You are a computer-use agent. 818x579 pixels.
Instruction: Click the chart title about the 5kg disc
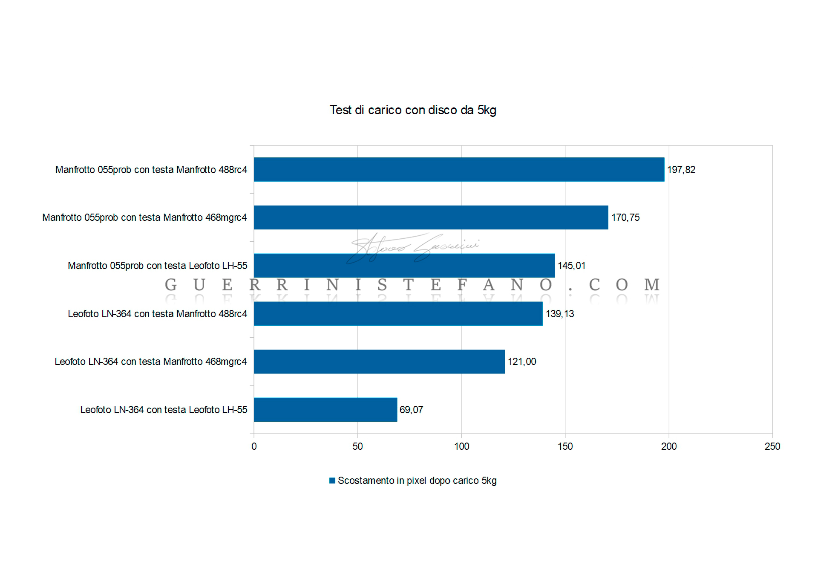[412, 110]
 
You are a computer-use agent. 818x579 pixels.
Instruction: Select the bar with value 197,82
[459, 169]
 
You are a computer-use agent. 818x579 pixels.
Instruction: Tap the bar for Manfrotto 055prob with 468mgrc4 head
[431, 217]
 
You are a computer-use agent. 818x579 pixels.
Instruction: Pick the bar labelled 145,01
[404, 266]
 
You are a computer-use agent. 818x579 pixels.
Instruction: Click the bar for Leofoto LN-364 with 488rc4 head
[398, 314]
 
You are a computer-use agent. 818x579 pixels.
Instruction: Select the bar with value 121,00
[379, 362]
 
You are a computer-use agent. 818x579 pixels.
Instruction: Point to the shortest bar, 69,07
[325, 410]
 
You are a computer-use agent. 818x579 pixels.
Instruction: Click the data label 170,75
[625, 217]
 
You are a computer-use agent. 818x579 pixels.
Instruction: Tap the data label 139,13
[560, 314]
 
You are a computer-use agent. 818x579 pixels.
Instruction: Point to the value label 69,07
[411, 410]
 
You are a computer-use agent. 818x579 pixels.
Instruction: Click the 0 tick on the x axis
[254, 446]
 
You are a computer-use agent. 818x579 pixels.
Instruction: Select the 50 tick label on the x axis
[357, 446]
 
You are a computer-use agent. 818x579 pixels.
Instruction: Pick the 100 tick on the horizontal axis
[461, 446]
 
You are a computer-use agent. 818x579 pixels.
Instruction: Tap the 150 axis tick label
[565, 446]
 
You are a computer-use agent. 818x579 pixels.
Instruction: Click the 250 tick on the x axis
[772, 446]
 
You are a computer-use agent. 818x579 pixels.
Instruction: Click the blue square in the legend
[332, 481]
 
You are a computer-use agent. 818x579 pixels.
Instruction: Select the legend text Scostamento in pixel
[417, 481]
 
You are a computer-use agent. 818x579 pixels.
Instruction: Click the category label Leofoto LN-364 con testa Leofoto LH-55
[164, 410]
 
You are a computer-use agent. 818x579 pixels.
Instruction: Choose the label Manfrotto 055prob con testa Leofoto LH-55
[157, 266]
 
